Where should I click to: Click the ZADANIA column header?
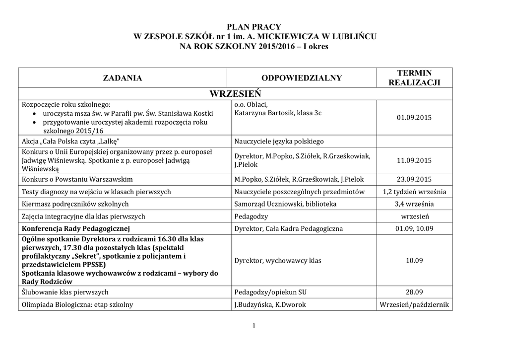click(x=122, y=78)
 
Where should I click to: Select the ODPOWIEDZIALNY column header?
click(x=302, y=78)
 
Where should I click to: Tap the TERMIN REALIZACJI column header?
click(x=414, y=78)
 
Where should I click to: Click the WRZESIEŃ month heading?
click(x=235, y=94)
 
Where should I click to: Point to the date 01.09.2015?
click(x=414, y=118)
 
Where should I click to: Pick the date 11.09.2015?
click(x=414, y=160)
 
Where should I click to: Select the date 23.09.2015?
click(x=414, y=179)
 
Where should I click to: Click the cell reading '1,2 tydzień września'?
click(x=414, y=192)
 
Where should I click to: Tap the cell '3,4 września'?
click(x=414, y=204)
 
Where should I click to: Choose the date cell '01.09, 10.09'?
click(x=414, y=229)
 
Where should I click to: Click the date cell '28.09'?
click(x=414, y=292)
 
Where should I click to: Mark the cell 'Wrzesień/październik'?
click(x=414, y=305)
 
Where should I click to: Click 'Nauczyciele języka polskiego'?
click(x=279, y=142)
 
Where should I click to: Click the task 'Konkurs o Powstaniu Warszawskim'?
click(x=77, y=179)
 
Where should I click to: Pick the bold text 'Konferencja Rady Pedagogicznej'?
click(x=76, y=229)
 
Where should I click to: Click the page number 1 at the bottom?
click(x=254, y=326)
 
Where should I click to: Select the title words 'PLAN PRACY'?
click(x=254, y=27)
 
